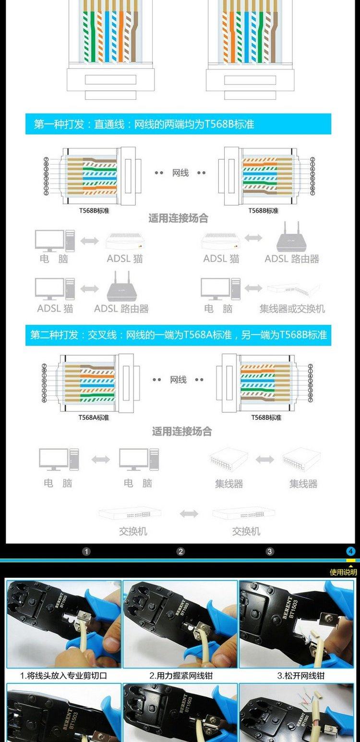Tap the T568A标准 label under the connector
click(94, 418)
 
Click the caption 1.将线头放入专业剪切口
click(63, 676)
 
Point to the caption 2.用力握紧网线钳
click(180, 676)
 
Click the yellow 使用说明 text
click(343, 572)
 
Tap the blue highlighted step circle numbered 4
click(351, 551)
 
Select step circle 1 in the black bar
click(86, 551)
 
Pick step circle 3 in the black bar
click(270, 551)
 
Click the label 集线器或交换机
click(292, 309)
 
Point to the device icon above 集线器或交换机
click(293, 288)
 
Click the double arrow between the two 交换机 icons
click(189, 514)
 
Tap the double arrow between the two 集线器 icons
click(264, 460)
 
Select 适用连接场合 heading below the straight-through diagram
click(178, 218)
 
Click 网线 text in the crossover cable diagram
click(178, 380)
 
